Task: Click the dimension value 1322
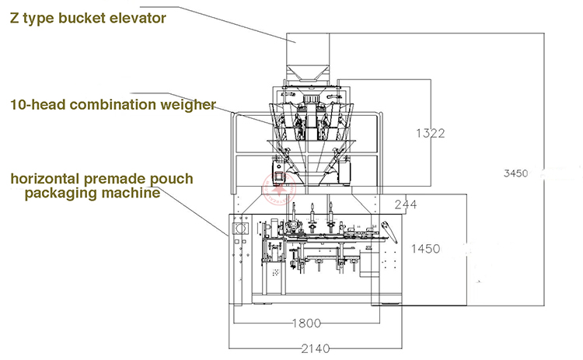pyautogui.click(x=430, y=133)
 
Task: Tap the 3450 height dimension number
pyautogui.click(x=515, y=173)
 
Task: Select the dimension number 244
pyautogui.click(x=406, y=204)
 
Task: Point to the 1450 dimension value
pyautogui.click(x=426, y=249)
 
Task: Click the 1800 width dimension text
pyautogui.click(x=306, y=323)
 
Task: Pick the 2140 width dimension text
pyautogui.click(x=316, y=348)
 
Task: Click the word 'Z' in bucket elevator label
pyautogui.click(x=15, y=18)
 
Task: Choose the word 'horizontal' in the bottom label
pyautogui.click(x=45, y=179)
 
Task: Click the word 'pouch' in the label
pyautogui.click(x=172, y=180)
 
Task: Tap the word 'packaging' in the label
pyautogui.click(x=61, y=194)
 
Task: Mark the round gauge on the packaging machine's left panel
pyautogui.click(x=240, y=228)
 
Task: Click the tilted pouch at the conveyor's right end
pyautogui.click(x=389, y=232)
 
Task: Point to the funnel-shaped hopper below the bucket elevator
pyautogui.click(x=307, y=73)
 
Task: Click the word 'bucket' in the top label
pyautogui.click(x=82, y=18)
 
